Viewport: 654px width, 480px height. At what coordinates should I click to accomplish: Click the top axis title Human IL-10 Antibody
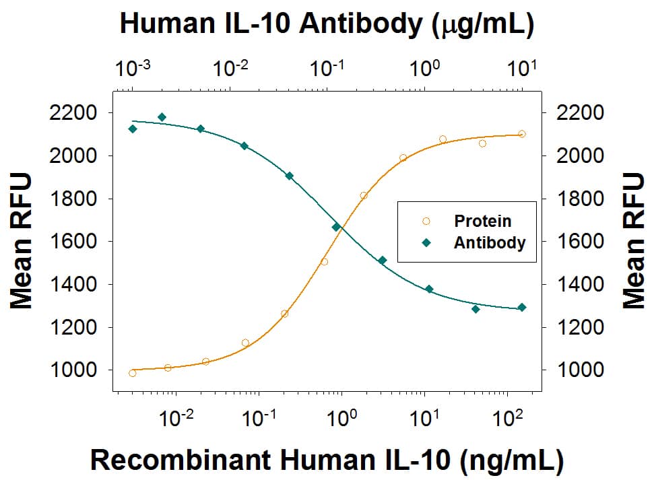[327, 24]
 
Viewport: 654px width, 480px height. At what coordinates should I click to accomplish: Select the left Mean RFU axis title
[22, 241]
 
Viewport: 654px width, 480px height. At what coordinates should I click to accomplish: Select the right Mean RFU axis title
[633, 241]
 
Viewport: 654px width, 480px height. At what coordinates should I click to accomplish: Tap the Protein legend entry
[482, 221]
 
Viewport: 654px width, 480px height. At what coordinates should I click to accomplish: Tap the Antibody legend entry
[489, 242]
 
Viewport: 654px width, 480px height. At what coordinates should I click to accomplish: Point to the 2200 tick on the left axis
[75, 112]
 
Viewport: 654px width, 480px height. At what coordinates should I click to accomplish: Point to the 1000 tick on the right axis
[577, 370]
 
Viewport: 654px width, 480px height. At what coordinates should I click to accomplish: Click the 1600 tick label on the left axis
[75, 241]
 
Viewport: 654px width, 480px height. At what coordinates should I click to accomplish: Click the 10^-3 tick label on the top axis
[132, 68]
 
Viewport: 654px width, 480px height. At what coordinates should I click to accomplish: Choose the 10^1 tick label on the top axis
[522, 68]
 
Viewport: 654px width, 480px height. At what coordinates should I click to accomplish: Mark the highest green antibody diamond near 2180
[162, 117]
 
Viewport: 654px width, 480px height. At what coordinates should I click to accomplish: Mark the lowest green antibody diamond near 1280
[476, 309]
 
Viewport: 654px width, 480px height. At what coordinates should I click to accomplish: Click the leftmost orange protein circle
[132, 373]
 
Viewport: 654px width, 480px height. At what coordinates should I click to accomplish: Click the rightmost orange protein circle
[522, 134]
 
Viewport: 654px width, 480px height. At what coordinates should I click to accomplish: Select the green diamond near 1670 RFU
[336, 227]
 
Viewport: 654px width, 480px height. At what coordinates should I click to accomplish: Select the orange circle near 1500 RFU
[324, 262]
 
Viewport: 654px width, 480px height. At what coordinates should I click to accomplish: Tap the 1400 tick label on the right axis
[577, 284]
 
